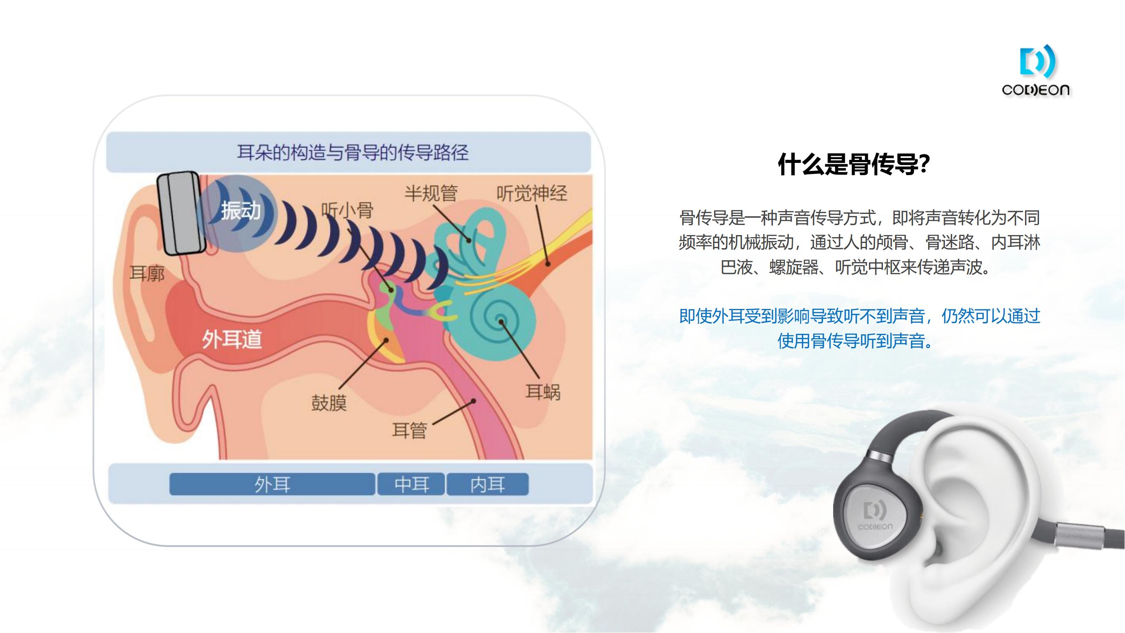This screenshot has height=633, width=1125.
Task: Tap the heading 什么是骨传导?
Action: tap(854, 165)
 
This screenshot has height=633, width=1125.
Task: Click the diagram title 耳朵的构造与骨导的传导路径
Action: tap(353, 152)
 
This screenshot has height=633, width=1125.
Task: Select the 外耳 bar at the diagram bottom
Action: tap(272, 484)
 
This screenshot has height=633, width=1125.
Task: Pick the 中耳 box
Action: tap(411, 484)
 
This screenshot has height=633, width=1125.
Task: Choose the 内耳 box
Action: tap(487, 484)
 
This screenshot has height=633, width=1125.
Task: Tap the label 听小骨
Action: tap(347, 211)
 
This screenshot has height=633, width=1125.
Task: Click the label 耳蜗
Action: tap(542, 392)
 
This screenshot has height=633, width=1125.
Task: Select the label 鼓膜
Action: tap(329, 403)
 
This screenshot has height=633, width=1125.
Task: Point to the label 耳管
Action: tap(409, 430)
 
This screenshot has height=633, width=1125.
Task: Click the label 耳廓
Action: tap(147, 274)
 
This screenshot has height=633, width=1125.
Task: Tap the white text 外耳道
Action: tap(232, 339)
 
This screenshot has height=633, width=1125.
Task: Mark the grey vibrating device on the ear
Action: tap(181, 213)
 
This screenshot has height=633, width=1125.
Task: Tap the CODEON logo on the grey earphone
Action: tap(875, 516)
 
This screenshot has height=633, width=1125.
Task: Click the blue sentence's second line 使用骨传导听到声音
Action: tap(854, 341)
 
